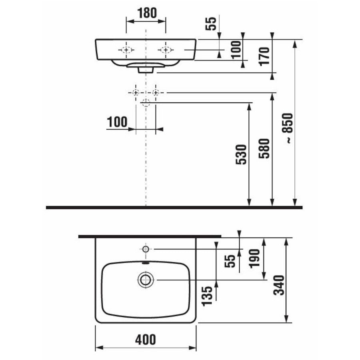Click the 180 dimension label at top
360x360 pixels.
pos(147,13)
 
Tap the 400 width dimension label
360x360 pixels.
pos(146,340)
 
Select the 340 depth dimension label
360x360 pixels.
pos(279,285)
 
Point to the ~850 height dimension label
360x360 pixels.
pos(288,128)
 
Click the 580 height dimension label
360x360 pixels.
pos(264,148)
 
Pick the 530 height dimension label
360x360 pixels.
pos(241,154)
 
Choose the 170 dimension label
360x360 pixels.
pos(264,56)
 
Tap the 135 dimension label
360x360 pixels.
pos(207,296)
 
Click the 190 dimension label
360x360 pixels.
pos(255,258)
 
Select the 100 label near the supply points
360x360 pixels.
pos(117,122)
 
